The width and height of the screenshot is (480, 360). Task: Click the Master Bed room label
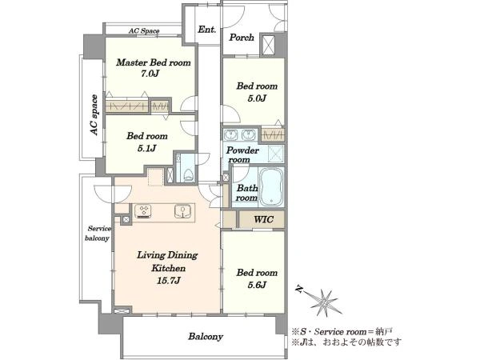pos(154,62)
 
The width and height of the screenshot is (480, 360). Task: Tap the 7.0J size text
pos(150,74)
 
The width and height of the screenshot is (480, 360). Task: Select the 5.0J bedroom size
pos(257,98)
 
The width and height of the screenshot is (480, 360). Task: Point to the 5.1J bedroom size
pos(147,149)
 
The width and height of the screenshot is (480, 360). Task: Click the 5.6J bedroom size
pos(257,285)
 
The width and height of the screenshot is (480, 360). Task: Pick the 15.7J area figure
pos(168,281)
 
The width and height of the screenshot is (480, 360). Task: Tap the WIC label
pos(263,219)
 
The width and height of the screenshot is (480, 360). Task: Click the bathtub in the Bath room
pos(271,186)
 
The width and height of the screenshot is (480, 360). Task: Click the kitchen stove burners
pos(143,211)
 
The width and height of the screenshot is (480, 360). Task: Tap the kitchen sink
pos(182,211)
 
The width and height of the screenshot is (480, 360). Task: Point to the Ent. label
pos(207,30)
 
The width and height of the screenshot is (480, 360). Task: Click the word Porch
pos(242,38)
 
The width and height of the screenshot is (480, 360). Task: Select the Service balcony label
pos(98,234)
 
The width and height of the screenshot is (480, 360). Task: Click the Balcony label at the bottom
pos(206,337)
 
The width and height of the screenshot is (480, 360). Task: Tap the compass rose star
pos(324,302)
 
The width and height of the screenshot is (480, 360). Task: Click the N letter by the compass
pos(299,289)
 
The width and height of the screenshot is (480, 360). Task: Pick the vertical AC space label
pos(94,115)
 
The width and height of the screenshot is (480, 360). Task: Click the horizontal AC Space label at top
pos(143,31)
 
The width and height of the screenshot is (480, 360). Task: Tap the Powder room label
pos(242,155)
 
